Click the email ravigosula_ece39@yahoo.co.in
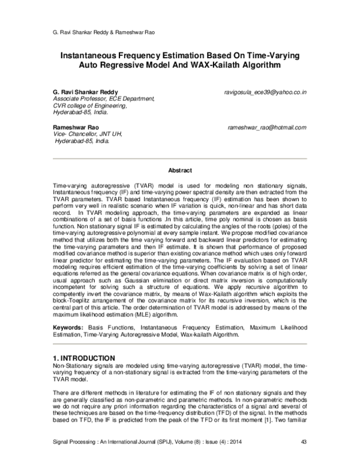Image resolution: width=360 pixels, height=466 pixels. [x=265, y=93]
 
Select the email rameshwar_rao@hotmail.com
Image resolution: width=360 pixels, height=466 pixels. [x=267, y=128]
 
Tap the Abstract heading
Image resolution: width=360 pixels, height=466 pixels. [x=179, y=171]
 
